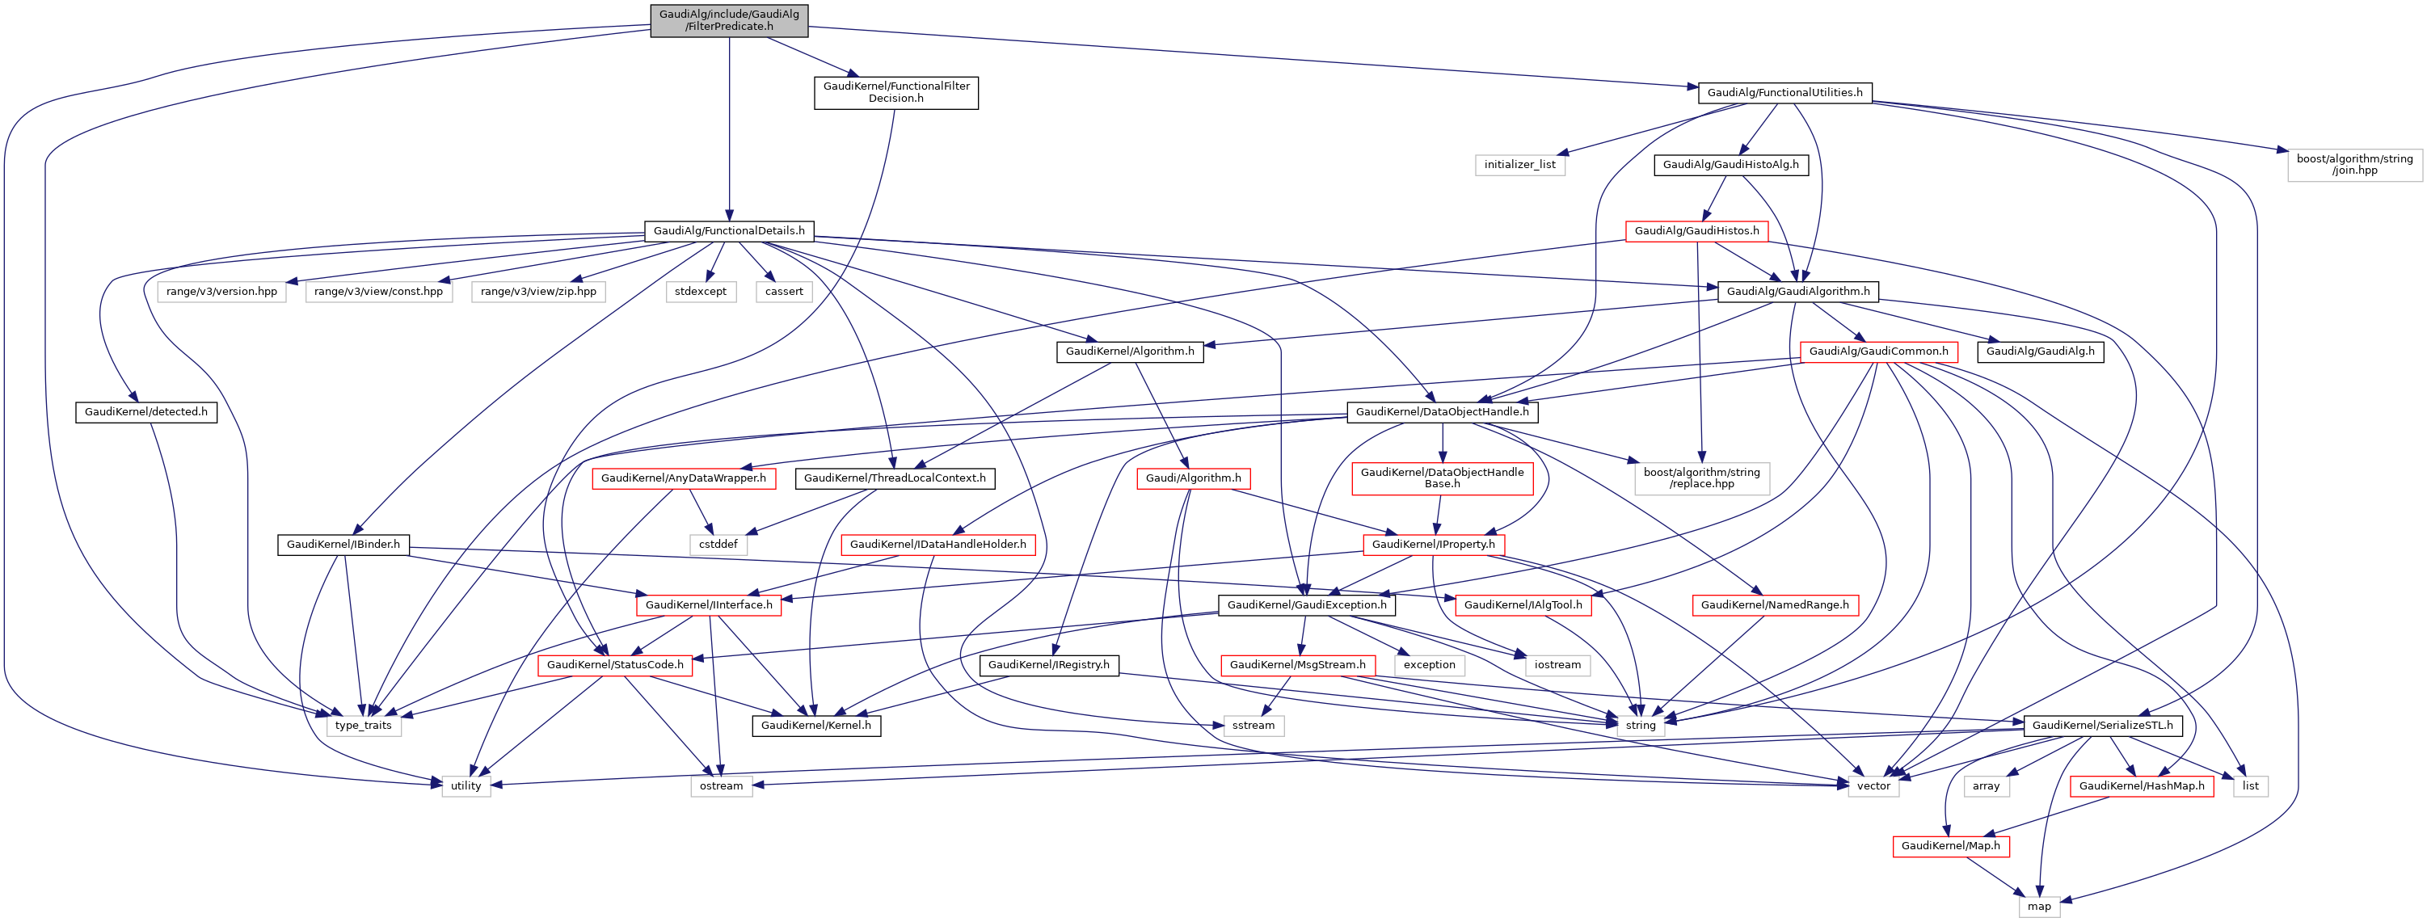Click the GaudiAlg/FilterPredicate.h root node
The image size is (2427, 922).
728,19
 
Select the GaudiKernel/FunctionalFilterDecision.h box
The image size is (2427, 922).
896,92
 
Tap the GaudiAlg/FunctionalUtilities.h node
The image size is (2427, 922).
1784,92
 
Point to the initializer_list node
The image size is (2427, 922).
1519,165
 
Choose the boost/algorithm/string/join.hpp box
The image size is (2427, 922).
2354,165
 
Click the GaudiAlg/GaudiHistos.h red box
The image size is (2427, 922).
1696,231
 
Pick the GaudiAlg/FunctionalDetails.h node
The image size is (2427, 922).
729,231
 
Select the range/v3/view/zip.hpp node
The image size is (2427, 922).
538,292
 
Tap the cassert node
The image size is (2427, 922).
784,292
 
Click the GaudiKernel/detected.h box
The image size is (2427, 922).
146,412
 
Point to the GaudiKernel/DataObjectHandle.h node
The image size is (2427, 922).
1442,412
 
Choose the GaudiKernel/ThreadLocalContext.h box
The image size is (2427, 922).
894,478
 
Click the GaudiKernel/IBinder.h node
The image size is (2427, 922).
343,545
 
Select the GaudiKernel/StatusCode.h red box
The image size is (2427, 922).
615,665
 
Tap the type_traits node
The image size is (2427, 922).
363,725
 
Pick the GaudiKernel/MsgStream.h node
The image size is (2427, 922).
1296,665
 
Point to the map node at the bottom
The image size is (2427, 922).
2039,906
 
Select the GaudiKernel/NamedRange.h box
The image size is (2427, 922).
1774,604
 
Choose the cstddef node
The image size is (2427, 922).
718,545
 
